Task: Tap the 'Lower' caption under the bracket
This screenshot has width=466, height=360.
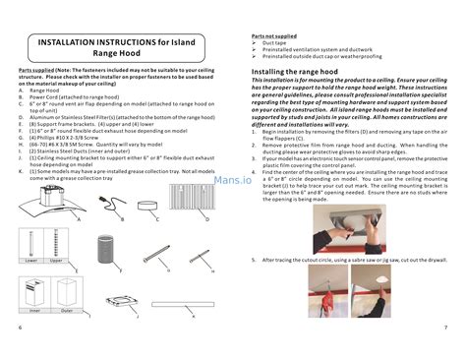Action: [31, 262]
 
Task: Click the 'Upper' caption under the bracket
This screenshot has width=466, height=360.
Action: [56, 262]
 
